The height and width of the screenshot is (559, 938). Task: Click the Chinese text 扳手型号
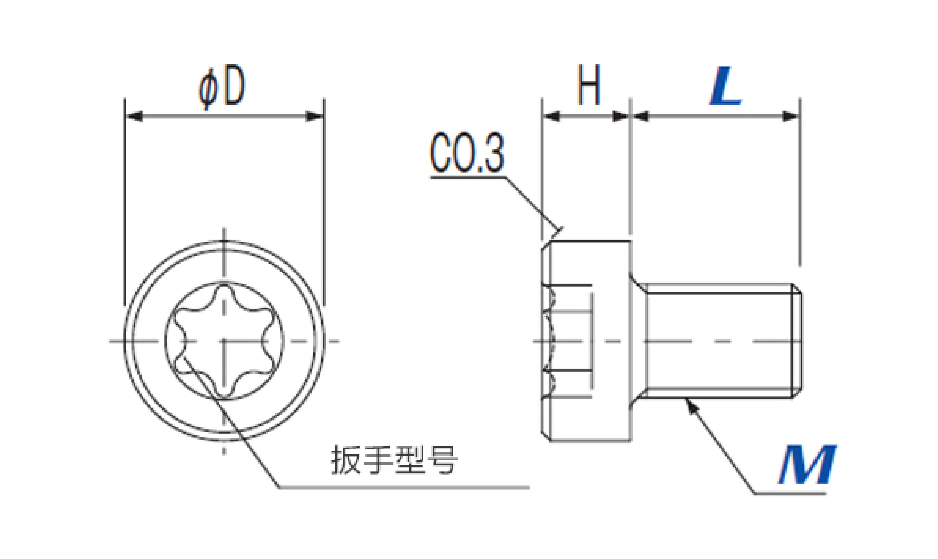coord(394,460)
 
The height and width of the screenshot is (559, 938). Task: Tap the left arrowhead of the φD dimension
coord(134,116)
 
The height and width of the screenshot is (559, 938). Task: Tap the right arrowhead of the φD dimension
coord(315,116)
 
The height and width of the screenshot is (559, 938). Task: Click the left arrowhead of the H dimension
coord(551,116)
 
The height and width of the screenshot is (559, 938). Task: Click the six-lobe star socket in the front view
coord(224,341)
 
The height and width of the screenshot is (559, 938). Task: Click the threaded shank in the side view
coord(719,341)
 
